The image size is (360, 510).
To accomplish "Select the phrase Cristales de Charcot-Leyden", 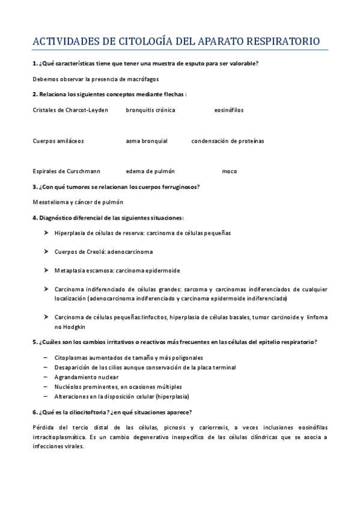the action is (70, 110).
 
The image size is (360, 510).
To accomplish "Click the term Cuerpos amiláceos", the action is (58, 141).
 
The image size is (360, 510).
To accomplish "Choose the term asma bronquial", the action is (147, 141).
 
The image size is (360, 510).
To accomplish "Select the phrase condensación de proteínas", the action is (228, 141).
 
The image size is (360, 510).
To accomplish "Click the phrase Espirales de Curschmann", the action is (67, 171).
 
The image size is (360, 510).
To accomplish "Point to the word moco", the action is (230, 171).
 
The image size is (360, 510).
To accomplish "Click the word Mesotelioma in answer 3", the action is (50, 202).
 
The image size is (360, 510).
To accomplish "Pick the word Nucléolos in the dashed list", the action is (69, 387).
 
